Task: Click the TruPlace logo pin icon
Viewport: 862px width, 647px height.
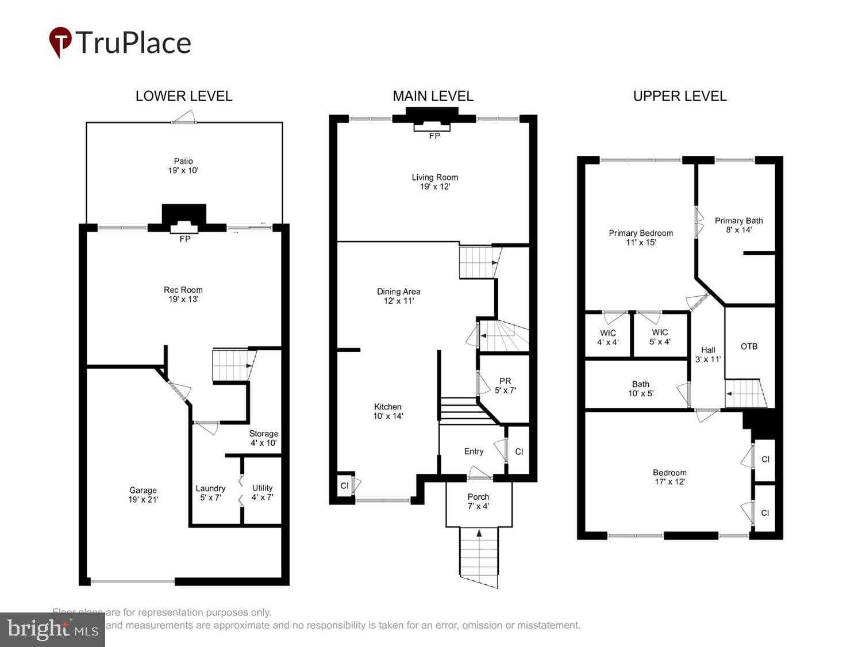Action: pyautogui.click(x=60, y=42)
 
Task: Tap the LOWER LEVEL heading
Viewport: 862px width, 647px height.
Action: pyautogui.click(x=184, y=96)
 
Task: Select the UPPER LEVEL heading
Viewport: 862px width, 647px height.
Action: pyautogui.click(x=680, y=96)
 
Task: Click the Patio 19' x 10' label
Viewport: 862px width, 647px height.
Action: pyautogui.click(x=184, y=166)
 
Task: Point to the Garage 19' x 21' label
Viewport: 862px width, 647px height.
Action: pyautogui.click(x=143, y=495)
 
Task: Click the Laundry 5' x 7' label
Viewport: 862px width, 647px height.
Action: pyautogui.click(x=210, y=493)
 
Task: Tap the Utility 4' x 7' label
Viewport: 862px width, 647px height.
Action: pyautogui.click(x=262, y=492)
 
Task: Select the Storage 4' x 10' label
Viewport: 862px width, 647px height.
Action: pyautogui.click(x=263, y=438)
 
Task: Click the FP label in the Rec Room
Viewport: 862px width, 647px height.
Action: pyautogui.click(x=184, y=239)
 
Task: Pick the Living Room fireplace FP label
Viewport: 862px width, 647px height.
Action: pyautogui.click(x=434, y=136)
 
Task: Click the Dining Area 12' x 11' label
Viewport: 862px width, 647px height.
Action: pyautogui.click(x=398, y=296)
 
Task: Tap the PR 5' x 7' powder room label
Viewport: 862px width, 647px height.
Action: pyautogui.click(x=505, y=385)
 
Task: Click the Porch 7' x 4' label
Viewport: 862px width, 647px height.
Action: pyautogui.click(x=478, y=501)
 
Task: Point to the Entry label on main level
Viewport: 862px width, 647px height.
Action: pyautogui.click(x=474, y=451)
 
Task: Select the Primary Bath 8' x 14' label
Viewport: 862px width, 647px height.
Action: pyautogui.click(x=738, y=225)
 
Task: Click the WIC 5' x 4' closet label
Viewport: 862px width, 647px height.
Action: pyautogui.click(x=660, y=336)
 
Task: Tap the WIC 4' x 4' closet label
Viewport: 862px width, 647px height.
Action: pyautogui.click(x=607, y=337)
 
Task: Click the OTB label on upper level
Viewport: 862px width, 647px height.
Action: pyautogui.click(x=749, y=346)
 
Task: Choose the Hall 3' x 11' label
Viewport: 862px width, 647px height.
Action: pyautogui.click(x=708, y=354)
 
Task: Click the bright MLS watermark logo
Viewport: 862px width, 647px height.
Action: pyautogui.click(x=52, y=629)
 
